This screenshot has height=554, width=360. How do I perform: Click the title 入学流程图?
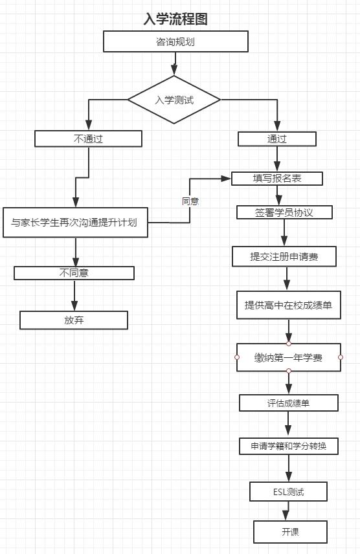[x=175, y=19]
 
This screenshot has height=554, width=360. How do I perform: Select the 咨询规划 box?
[x=175, y=41]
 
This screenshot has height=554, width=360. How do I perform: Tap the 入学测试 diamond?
[x=174, y=100]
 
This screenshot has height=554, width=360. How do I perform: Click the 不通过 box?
[x=88, y=138]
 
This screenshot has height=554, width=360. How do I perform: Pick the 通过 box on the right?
[x=277, y=139]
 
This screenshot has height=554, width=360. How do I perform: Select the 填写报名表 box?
[x=277, y=179]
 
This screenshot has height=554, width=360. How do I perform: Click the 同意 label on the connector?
[x=190, y=201]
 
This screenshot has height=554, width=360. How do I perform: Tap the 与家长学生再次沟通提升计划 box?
[x=75, y=222]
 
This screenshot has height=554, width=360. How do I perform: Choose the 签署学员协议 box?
[x=284, y=212]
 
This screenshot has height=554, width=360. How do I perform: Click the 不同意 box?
[x=74, y=272]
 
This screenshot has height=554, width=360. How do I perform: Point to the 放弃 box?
[x=74, y=320]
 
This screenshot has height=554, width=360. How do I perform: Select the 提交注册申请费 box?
[x=284, y=256]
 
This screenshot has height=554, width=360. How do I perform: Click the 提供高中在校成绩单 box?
[x=289, y=305]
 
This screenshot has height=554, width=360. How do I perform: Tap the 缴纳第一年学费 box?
[x=289, y=357]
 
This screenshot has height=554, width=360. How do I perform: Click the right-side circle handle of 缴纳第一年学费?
[x=341, y=357]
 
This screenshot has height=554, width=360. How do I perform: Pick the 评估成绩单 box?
[x=289, y=403]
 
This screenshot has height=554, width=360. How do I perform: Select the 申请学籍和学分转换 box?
[x=289, y=446]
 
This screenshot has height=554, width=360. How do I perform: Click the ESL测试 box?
[x=288, y=491]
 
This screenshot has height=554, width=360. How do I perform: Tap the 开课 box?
[x=290, y=531]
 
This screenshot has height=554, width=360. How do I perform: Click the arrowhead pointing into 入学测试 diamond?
[x=174, y=70]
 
